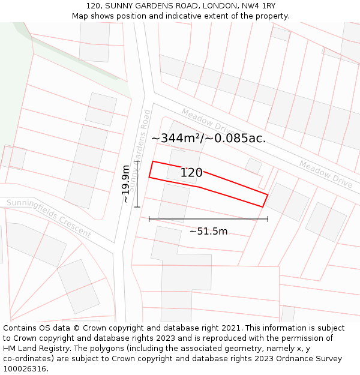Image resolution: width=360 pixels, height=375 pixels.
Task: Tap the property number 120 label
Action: point(191,173)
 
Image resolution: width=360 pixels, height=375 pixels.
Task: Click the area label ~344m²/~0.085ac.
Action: point(208,138)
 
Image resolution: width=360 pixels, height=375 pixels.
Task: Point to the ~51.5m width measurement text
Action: point(208,232)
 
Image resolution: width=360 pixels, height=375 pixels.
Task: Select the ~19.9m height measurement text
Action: point(125,184)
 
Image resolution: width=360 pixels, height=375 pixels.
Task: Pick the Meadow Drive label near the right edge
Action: point(325,173)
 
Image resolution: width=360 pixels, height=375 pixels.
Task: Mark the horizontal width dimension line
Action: point(208,219)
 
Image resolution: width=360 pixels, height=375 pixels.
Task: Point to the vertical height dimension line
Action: point(137,184)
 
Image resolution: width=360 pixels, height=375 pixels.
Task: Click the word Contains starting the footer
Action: point(20,328)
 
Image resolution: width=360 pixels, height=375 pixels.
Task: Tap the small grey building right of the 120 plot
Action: point(253,166)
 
